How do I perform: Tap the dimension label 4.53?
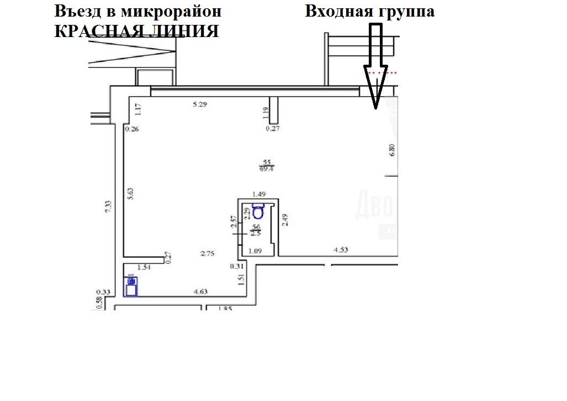341,250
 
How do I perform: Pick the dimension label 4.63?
199,291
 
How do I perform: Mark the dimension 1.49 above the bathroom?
259,194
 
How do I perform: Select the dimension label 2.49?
285,220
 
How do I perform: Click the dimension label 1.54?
144,267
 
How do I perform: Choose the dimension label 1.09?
255,251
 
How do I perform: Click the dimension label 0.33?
103,292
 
